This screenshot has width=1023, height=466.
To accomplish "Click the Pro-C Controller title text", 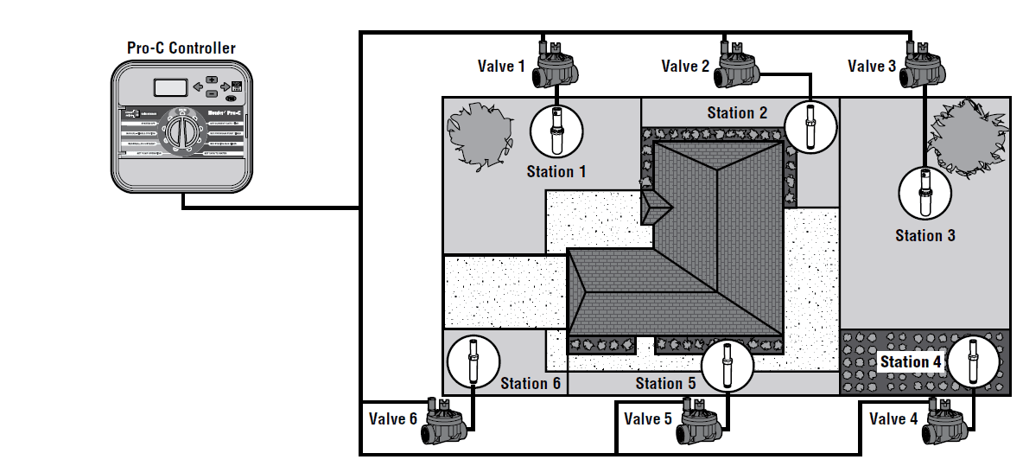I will click(x=181, y=48).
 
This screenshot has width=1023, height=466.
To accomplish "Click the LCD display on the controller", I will click(x=170, y=86).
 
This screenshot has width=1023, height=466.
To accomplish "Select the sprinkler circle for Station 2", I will click(x=810, y=127).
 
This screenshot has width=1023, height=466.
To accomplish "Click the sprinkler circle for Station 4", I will click(x=973, y=361).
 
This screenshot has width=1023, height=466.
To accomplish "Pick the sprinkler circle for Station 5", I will click(x=727, y=365).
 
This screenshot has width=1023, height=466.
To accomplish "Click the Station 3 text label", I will click(x=925, y=235).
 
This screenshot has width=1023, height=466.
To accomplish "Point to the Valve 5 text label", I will click(x=647, y=419).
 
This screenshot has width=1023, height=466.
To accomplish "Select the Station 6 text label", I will click(x=531, y=383).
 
